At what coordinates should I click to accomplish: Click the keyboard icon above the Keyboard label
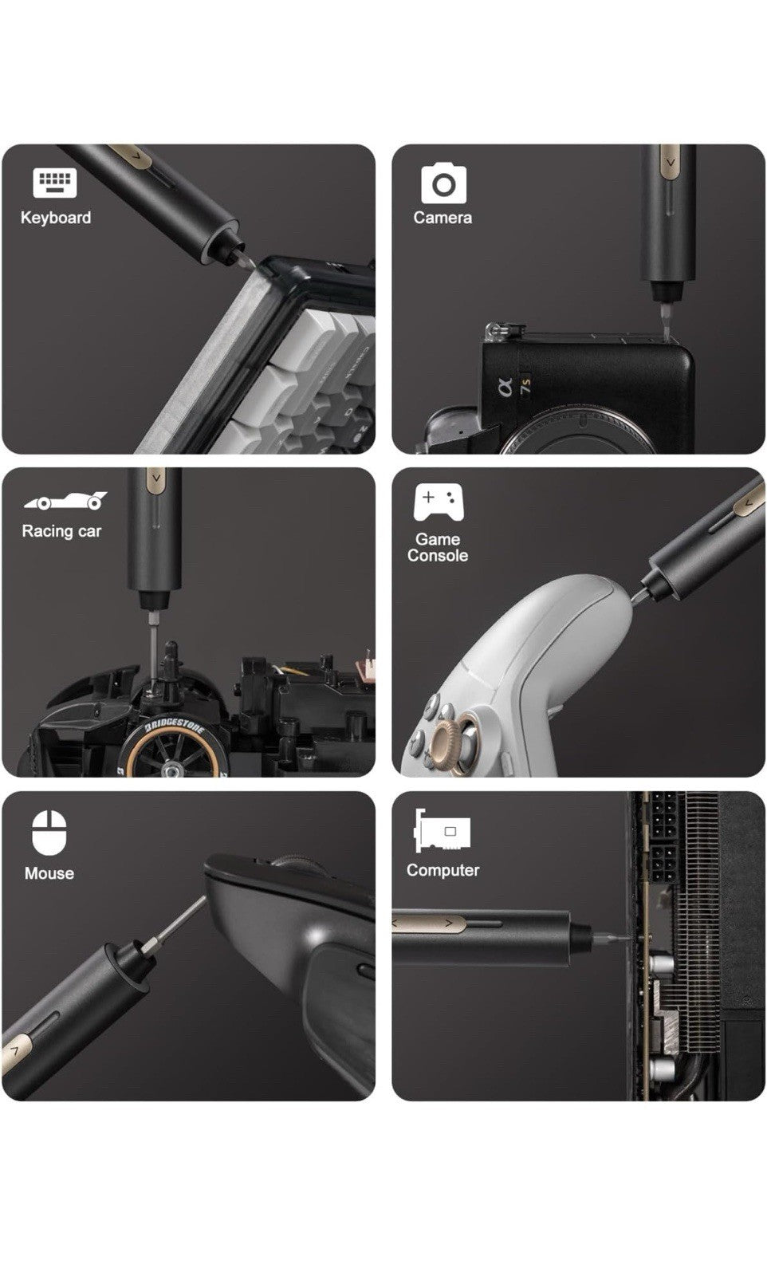(x=55, y=183)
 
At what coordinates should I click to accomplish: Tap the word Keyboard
(x=56, y=218)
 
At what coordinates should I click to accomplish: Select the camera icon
(x=443, y=183)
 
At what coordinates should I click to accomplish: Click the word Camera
(x=442, y=218)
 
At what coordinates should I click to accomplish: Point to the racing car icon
(x=65, y=501)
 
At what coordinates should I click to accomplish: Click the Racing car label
(x=61, y=531)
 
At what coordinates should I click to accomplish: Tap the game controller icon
(x=439, y=502)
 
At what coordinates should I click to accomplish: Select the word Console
(x=438, y=555)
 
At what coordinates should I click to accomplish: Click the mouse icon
(x=49, y=833)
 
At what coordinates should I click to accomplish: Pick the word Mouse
(x=49, y=873)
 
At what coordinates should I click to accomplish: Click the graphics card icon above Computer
(x=442, y=830)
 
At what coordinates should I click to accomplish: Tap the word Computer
(x=443, y=870)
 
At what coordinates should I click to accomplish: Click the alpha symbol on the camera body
(x=505, y=388)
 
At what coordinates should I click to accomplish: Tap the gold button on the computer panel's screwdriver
(x=430, y=923)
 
